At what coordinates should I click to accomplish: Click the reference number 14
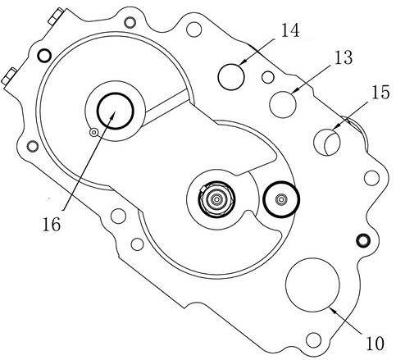coord(290,30)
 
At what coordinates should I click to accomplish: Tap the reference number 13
coord(344,57)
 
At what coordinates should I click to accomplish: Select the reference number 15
coord(380,92)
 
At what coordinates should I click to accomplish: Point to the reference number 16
coord(51,225)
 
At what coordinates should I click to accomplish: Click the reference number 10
coord(375,344)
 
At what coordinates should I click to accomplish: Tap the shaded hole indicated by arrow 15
coord(327,142)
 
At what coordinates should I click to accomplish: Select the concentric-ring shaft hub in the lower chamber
coord(216,199)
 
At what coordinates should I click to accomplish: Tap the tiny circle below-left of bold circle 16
coord(94,132)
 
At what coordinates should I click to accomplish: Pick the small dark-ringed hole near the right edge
coord(363,240)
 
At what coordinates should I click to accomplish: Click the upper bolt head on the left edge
coord(56,16)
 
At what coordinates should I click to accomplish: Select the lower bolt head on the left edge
coord(9,77)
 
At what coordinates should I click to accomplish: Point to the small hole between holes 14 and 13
coord(268,77)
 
